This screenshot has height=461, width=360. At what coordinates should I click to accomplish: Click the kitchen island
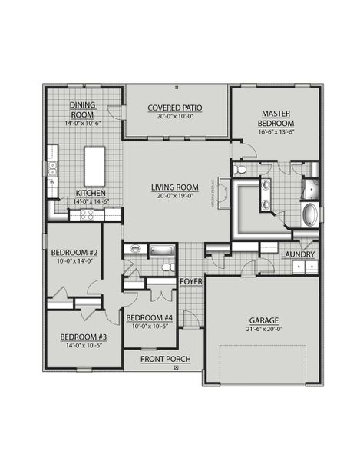pos(95,164)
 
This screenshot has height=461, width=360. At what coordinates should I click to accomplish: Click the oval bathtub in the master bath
pos(309,214)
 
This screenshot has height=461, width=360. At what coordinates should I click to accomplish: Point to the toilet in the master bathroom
pos(239,169)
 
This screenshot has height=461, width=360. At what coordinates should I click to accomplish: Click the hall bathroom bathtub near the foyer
pos(163,250)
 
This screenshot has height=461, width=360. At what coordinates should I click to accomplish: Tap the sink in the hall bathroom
pos(135,250)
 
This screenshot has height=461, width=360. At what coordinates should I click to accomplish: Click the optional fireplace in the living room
pos(225,192)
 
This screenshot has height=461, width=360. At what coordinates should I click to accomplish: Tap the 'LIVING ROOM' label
pos(176,187)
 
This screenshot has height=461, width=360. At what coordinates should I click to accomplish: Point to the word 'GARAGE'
pos(263,321)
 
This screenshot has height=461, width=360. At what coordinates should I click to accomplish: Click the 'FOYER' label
pos(190,282)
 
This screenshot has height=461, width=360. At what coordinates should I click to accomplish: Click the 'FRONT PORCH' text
pos(164,359)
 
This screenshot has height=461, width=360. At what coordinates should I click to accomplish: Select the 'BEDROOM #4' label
pos(149,318)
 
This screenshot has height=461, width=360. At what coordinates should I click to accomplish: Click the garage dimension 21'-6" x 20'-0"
pos(263,330)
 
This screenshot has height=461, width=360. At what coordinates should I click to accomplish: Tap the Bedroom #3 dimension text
pos(80,345)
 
